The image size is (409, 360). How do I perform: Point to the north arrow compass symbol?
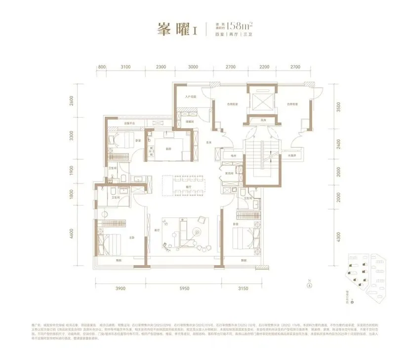309,284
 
